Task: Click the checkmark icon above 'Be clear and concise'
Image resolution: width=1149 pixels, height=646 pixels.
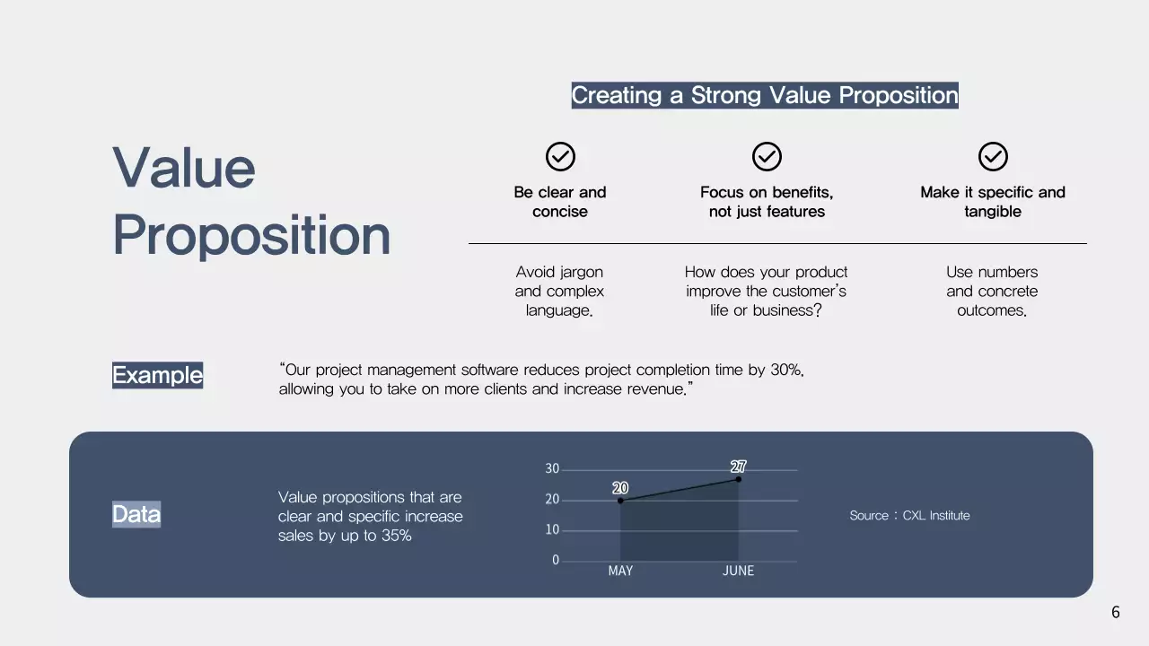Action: pos(560,157)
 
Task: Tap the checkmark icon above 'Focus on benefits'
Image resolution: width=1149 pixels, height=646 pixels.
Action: pos(767,157)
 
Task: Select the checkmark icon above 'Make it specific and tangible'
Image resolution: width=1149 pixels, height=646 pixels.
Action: pos(993,157)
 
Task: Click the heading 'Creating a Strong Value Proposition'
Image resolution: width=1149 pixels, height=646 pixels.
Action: pos(765,95)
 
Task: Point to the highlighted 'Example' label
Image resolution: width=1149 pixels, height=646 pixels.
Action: pos(157,375)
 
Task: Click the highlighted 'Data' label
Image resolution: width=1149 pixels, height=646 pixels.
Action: pos(136,514)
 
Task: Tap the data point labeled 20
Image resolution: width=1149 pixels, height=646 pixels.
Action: pos(620,501)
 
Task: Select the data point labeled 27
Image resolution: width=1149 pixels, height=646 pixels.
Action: pos(739,479)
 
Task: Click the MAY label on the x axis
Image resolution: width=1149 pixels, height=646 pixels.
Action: pos(620,571)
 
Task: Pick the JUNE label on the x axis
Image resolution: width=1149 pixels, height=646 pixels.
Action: pos(738,571)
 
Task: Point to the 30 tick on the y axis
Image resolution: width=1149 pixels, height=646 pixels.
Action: pos(552,469)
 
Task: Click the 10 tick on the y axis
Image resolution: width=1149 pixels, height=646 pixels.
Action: pos(552,530)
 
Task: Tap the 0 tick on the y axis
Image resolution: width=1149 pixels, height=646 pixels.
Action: pos(556,560)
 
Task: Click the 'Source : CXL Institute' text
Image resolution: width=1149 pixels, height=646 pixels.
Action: pos(909,515)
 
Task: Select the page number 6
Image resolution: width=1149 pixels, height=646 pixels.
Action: pos(1116,612)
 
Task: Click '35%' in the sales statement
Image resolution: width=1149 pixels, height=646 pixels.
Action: pos(396,536)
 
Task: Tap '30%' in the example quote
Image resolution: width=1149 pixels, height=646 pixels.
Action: pos(786,370)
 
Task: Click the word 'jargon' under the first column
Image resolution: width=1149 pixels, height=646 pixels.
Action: pos(581,272)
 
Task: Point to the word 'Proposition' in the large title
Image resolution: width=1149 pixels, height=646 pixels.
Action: pos(251,235)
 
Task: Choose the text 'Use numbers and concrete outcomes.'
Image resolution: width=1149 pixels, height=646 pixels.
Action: pos(992,291)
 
